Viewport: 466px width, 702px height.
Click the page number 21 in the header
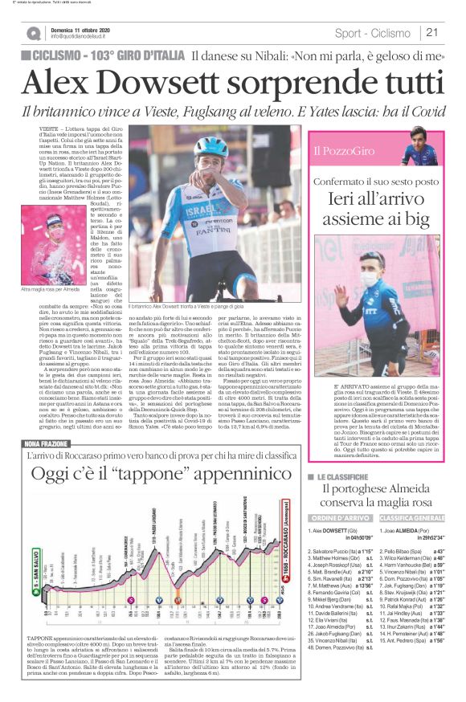(431, 33)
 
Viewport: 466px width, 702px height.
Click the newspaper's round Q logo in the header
(33, 33)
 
